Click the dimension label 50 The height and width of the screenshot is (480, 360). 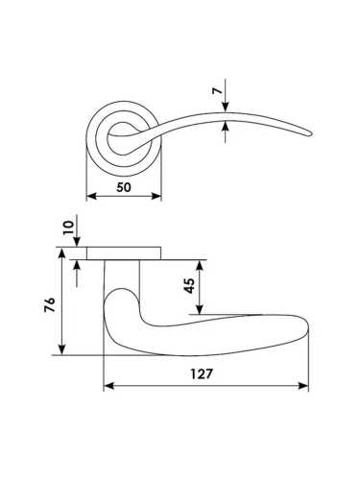point(124,187)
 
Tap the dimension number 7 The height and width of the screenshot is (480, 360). point(217,91)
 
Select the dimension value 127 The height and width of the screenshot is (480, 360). point(202,373)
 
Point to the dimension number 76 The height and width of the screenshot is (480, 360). point(50,305)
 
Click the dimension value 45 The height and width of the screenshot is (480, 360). point(190,286)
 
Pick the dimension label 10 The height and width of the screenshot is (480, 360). point(68,228)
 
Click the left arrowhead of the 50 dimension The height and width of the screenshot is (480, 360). point(91,196)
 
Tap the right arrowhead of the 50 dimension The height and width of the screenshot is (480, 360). point(156,196)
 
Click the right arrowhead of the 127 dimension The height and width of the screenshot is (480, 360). point(303,386)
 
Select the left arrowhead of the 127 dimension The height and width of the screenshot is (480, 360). point(109,386)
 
